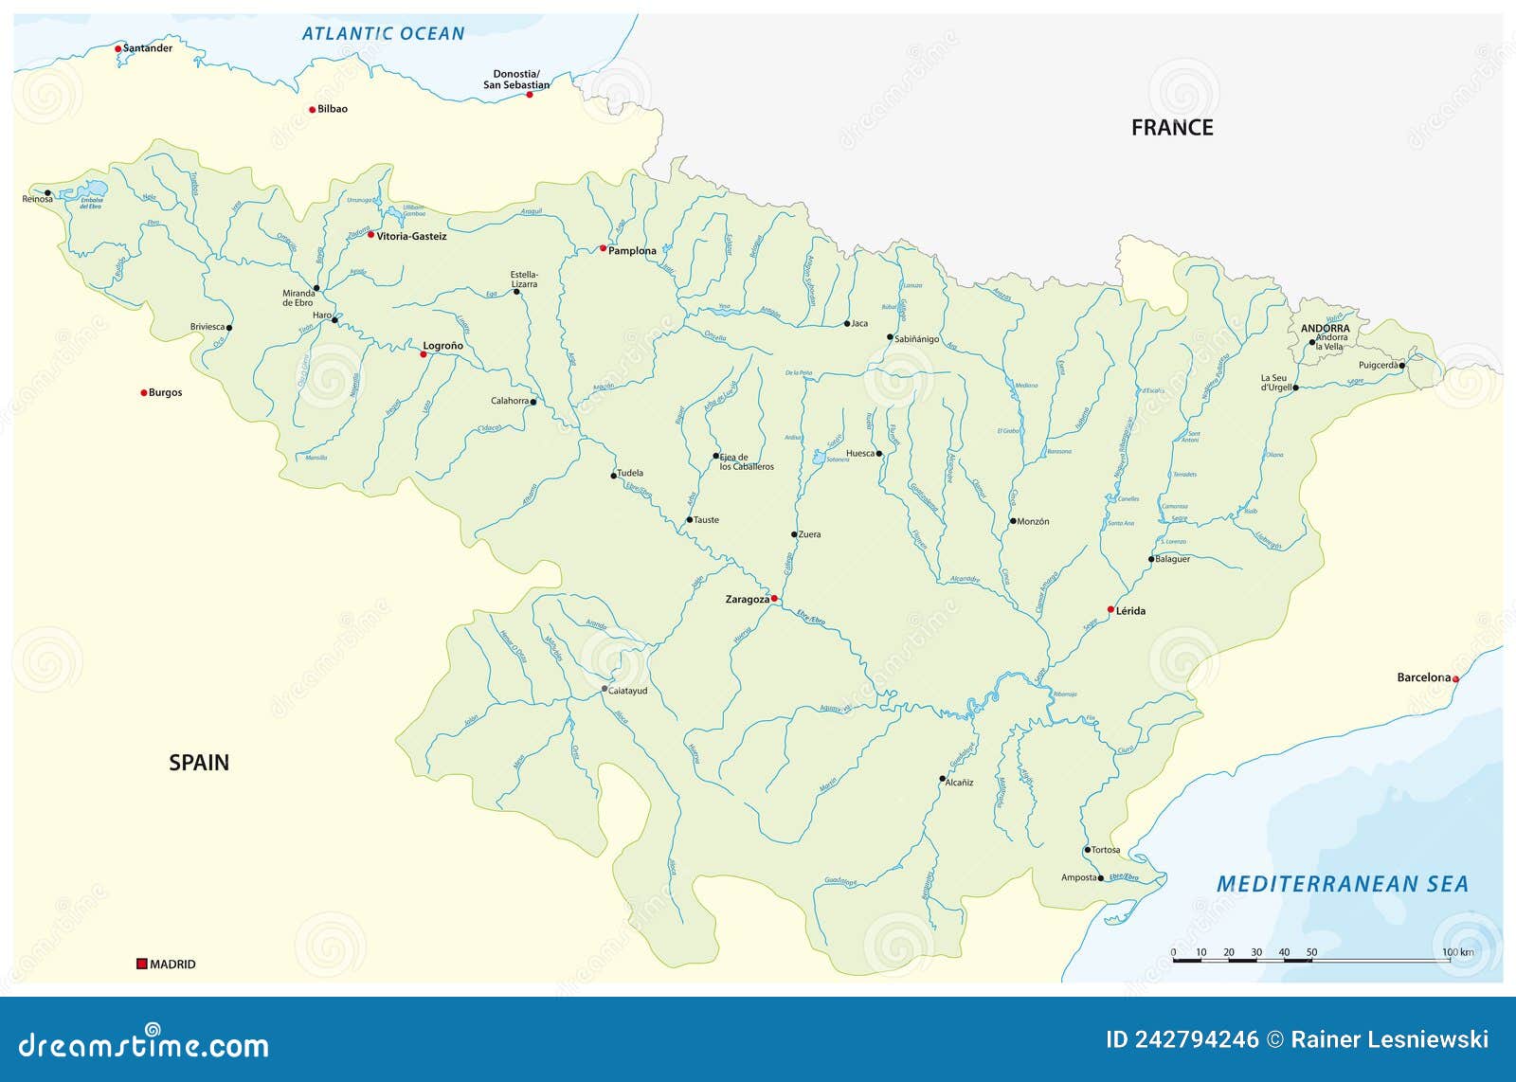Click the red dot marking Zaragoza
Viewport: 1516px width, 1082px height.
tap(774, 598)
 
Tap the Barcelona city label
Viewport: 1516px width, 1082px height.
tap(1423, 677)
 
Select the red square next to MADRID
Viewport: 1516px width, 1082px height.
tap(142, 964)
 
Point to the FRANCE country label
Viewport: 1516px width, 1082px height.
tap(1172, 128)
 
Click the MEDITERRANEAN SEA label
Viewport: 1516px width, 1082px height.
tap(1342, 884)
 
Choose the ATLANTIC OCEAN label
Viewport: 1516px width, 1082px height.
tap(383, 34)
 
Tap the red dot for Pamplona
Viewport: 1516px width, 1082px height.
tap(603, 248)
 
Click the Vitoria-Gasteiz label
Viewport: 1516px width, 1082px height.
tap(411, 236)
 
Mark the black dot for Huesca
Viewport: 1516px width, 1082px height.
tap(879, 454)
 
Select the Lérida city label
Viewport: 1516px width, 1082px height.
tap(1130, 611)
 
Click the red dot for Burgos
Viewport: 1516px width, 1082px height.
tap(144, 392)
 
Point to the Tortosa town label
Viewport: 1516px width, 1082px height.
tap(1106, 850)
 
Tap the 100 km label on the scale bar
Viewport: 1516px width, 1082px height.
tap(1457, 952)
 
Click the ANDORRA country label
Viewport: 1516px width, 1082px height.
tap(1325, 329)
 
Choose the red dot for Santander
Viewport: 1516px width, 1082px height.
tap(118, 48)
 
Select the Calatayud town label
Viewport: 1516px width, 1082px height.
tap(628, 691)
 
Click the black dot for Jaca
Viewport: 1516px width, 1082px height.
tap(847, 323)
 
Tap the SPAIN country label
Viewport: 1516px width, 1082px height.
tap(199, 763)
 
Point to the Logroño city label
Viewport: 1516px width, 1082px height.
tap(442, 346)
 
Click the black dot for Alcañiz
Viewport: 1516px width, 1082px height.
tap(942, 779)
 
